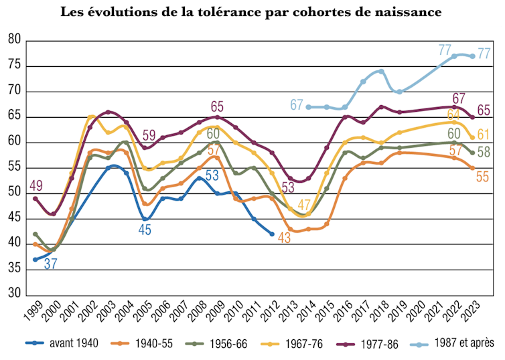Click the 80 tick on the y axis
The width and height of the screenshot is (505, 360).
(14, 40)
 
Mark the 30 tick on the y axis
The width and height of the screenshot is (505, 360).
(14, 295)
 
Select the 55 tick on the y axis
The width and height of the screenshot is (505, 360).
(14, 168)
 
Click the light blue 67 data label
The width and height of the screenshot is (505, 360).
(297, 105)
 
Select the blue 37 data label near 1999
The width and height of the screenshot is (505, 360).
(51, 264)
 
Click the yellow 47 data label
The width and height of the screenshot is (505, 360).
(305, 205)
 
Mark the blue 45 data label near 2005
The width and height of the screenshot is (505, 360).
(145, 230)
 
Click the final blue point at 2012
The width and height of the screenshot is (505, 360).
(272, 234)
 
